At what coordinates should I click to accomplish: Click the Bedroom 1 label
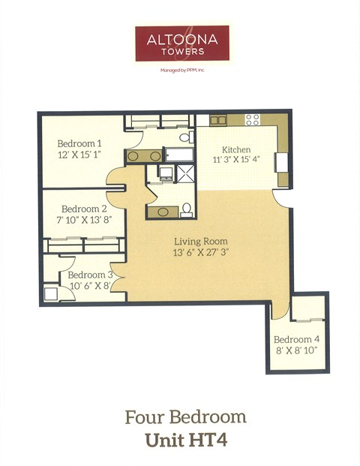pos(79,143)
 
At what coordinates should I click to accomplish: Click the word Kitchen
pos(235,149)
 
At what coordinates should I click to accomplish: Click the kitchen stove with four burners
pos(252,119)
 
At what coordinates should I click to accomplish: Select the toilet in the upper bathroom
pos(184,137)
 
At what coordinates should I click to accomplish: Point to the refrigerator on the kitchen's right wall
pos(282,162)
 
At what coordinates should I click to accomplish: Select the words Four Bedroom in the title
pos(184,416)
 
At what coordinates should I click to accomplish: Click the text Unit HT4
pos(184,439)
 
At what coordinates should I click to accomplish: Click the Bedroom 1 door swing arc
pos(115,177)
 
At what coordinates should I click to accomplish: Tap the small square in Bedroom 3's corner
pos(50,293)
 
